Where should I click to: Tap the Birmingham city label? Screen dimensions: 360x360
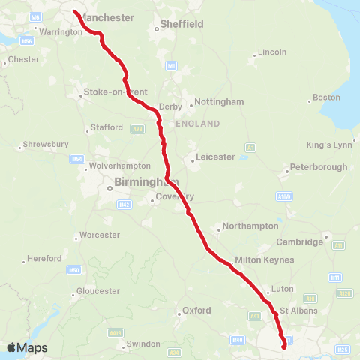tap(145, 182)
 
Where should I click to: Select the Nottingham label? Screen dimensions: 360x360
tap(219, 101)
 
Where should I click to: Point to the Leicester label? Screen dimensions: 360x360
tap(215, 157)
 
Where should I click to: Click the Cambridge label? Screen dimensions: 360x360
tap(299, 241)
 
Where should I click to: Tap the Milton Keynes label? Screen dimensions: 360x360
tap(265, 259)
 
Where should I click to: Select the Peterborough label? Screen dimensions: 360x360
tap(319, 167)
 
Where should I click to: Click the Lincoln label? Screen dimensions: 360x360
tap(271, 52)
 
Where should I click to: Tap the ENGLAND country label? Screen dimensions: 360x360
tap(197, 123)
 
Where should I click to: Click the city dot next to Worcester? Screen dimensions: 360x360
tap(77, 239)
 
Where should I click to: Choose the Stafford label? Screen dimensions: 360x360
tap(107, 127)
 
